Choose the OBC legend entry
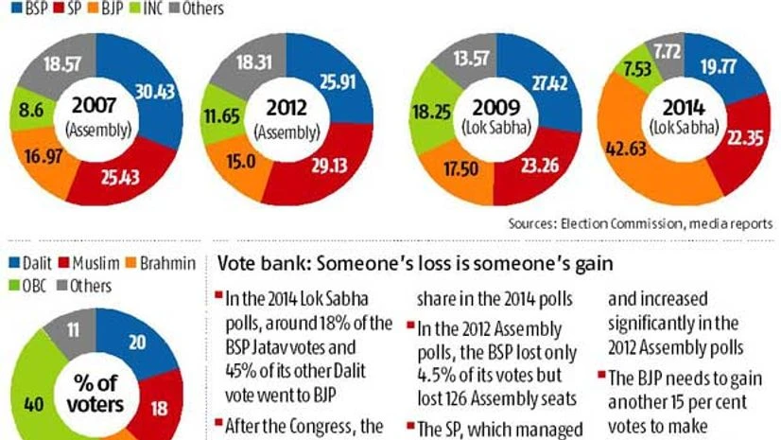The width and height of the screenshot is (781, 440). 29,285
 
